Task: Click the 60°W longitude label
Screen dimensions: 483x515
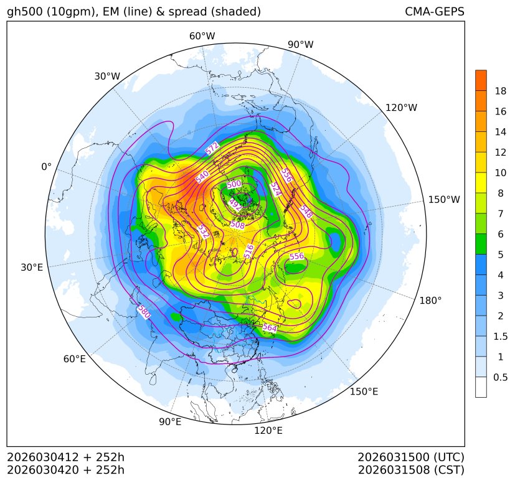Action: (202, 36)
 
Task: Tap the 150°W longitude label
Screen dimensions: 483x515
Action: (444, 200)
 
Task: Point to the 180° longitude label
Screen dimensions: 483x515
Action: (430, 301)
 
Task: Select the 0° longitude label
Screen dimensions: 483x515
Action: (46, 167)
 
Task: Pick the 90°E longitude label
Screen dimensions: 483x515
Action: (170, 422)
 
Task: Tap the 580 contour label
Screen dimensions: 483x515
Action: (144, 311)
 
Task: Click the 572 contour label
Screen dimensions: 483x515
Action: (212, 148)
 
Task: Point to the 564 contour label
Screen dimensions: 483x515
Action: (270, 327)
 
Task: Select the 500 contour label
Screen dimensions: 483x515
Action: (234, 185)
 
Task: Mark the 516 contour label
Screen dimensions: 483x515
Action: (249, 251)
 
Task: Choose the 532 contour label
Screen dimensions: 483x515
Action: (202, 232)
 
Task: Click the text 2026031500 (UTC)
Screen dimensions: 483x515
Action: (411, 457)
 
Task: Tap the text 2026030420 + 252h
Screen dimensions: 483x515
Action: (66, 469)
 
